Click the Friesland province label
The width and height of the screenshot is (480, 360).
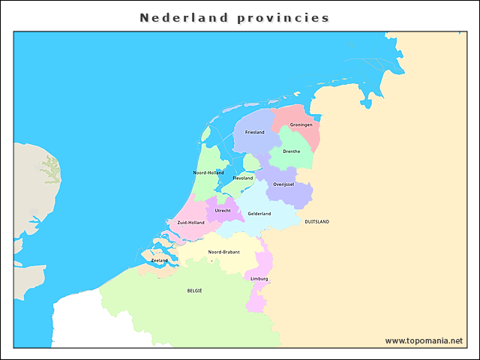click(254, 132)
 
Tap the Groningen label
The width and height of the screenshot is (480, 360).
click(301, 124)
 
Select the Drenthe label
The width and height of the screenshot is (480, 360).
click(291, 151)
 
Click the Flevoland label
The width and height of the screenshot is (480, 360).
click(243, 178)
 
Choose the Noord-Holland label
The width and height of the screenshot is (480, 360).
click(208, 172)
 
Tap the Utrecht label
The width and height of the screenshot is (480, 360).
click(223, 211)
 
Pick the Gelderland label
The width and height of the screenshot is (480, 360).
click(259, 214)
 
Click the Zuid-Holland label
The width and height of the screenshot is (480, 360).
click(190, 223)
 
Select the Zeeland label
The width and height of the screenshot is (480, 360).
click(160, 260)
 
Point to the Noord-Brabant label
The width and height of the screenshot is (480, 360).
click(224, 252)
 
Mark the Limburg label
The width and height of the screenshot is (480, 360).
click(259, 279)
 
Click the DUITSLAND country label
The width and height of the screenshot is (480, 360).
click(316, 222)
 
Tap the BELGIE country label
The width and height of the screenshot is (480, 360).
click(194, 290)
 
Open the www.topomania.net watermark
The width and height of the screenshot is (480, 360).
click(424, 340)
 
